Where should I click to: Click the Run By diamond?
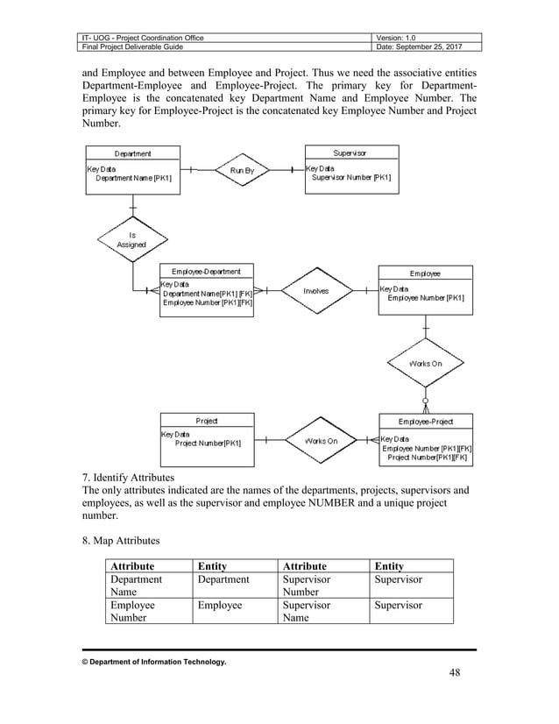(x=241, y=171)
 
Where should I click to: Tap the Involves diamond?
(x=315, y=290)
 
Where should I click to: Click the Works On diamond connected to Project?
(x=320, y=441)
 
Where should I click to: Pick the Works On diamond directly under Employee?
(x=425, y=363)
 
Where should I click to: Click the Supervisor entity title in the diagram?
(x=350, y=153)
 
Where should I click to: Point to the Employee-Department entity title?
(x=206, y=272)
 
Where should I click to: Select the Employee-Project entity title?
(x=425, y=422)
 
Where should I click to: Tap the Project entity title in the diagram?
(x=207, y=421)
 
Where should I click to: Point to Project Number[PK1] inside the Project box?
(x=208, y=444)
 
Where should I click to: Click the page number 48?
(x=453, y=672)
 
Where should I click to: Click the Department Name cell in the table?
(x=136, y=586)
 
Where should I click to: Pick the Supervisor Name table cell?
(x=306, y=611)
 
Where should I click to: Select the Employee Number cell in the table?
(x=132, y=611)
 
